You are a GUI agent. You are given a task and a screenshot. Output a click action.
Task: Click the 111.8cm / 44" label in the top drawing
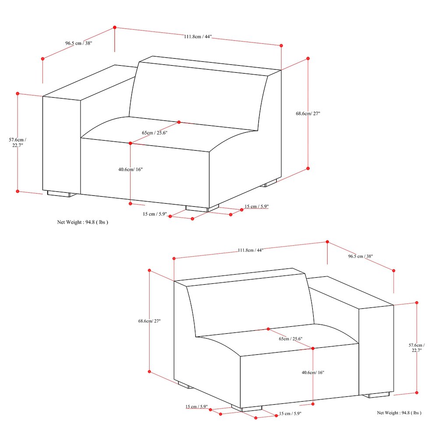tap(198, 37)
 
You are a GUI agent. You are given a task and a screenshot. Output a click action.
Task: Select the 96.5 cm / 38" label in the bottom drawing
tap(360, 256)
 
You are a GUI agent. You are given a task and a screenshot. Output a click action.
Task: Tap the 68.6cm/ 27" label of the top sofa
tap(308, 113)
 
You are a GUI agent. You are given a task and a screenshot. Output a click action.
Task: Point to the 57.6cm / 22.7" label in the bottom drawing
tap(417, 347)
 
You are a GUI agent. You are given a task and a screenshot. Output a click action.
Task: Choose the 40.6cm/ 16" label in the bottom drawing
tap(313, 373)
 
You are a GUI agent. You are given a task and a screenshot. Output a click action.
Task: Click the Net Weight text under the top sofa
tap(83, 222)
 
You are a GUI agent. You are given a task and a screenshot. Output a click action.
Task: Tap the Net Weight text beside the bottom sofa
tap(399, 413)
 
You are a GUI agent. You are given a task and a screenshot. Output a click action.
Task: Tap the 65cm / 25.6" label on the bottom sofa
tap(291, 339)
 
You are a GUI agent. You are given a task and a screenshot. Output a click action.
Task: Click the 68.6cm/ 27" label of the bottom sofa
tap(150, 321)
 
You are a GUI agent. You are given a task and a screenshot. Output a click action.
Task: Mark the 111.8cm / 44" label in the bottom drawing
tap(250, 250)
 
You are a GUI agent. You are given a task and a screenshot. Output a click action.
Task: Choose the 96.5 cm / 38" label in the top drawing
tap(79, 43)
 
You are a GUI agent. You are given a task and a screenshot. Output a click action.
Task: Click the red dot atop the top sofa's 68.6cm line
tap(308, 58)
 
